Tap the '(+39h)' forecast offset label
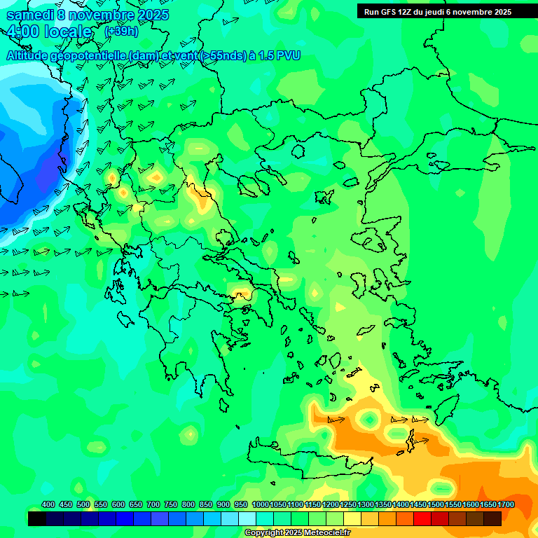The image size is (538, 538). tap(121, 32)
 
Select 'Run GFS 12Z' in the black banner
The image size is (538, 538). tap(387, 12)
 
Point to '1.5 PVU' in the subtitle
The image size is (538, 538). tap(279, 55)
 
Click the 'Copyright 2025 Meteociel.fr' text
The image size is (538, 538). tap(297, 533)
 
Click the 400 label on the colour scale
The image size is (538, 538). tap(48, 504)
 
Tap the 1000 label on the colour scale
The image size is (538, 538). tap(261, 504)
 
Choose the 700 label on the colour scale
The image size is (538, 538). tap(153, 504)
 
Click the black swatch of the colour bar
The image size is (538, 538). tap(37, 518)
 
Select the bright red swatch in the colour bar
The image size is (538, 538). tap(422, 518)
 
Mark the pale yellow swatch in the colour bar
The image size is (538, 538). tap(352, 518)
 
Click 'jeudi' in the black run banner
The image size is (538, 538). tap(436, 12)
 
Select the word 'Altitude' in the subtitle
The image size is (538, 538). tap(31, 55)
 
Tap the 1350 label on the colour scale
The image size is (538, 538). tap(383, 504)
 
